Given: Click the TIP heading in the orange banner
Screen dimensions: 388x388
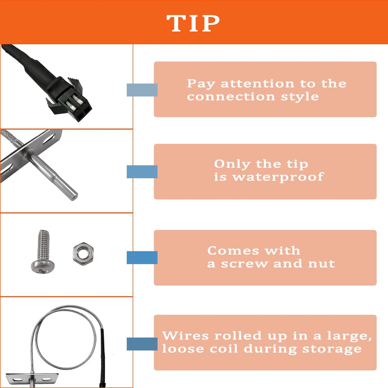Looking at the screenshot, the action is (x=193, y=23).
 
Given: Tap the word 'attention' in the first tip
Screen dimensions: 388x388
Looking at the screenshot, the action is (x=257, y=84).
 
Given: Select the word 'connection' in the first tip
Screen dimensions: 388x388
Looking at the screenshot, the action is (x=231, y=97).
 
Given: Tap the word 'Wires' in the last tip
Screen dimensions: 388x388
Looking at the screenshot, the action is (x=185, y=336).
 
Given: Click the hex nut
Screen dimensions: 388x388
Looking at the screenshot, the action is (x=83, y=254).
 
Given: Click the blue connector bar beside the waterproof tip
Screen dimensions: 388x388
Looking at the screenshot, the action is (x=142, y=172).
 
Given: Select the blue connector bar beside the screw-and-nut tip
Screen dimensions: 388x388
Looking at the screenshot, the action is (x=142, y=258).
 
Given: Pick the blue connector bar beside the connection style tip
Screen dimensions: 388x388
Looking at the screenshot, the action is (x=142, y=90).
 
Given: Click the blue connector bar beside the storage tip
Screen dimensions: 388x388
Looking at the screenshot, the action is (x=142, y=344).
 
